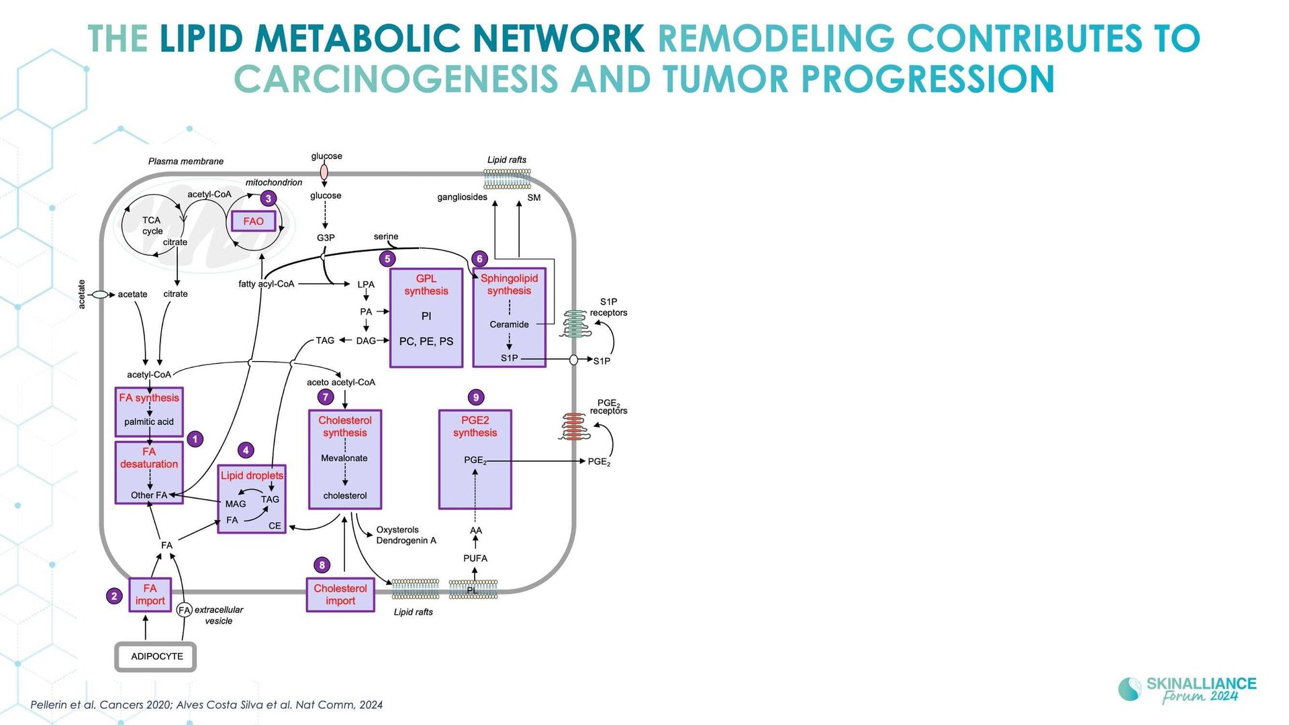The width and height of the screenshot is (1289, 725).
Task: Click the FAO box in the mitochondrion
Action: tap(253, 221)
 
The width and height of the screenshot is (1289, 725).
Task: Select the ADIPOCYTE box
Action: tap(156, 657)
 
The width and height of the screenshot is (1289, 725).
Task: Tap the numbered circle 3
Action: tap(269, 198)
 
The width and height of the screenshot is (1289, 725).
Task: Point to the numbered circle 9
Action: tap(476, 397)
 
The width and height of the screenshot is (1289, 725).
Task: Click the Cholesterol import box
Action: tap(340, 595)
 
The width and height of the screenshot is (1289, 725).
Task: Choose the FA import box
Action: tap(150, 595)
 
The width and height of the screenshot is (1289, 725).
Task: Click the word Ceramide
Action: tap(509, 324)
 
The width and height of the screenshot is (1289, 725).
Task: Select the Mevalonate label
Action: tap(344, 458)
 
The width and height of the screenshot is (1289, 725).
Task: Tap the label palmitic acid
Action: tap(149, 422)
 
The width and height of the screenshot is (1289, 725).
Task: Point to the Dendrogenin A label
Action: tap(406, 540)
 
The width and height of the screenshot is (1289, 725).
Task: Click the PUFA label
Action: tap(475, 559)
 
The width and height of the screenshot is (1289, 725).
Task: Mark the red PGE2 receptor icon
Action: tap(573, 426)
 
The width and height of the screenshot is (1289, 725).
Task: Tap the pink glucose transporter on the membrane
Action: tap(324, 173)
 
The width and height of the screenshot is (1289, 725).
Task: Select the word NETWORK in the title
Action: tap(559, 38)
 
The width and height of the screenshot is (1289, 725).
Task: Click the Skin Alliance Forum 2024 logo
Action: tap(1187, 690)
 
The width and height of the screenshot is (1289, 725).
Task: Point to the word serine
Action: tap(386, 236)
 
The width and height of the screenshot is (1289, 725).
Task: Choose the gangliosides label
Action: tap(462, 197)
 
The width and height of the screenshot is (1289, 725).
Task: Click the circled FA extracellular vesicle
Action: tap(184, 610)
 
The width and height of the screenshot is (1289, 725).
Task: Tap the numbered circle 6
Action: tap(479, 258)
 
